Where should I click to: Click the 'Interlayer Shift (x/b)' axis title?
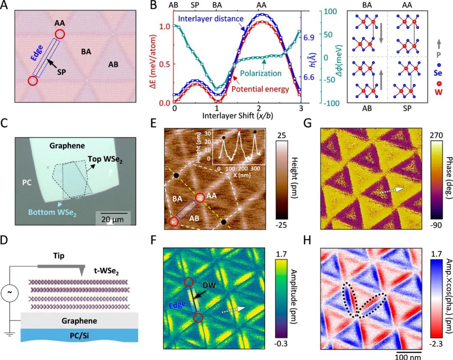pyautogui.click(x=237, y=114)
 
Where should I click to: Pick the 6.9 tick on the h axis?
pyautogui.click(x=309, y=38)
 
